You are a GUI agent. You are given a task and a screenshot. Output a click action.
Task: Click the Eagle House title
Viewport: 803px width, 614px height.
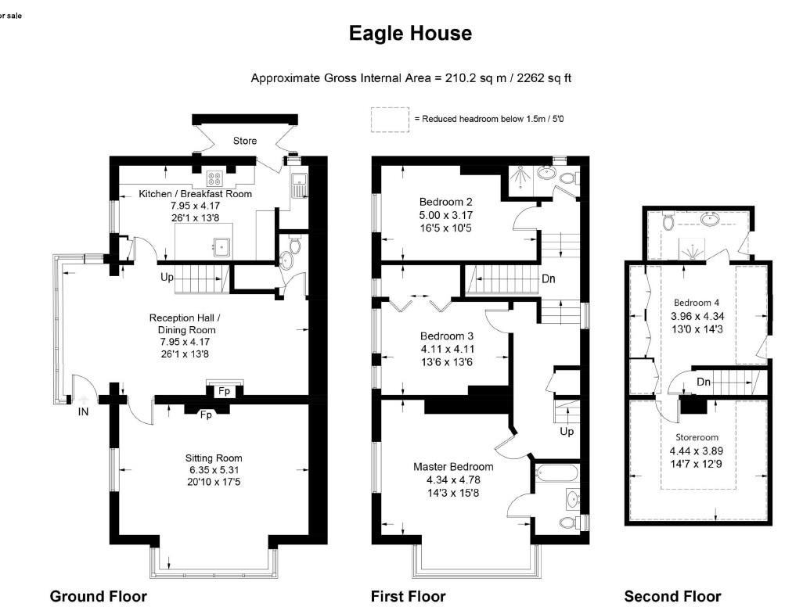pos(410,34)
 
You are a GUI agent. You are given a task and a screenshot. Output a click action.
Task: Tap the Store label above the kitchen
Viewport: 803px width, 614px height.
pos(245,141)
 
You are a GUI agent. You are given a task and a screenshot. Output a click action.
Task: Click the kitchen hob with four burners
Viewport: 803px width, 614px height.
pos(214,178)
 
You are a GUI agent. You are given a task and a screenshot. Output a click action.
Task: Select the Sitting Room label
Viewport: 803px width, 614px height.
pos(214,458)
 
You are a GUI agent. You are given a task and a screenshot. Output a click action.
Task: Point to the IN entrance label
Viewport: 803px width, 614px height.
pos(83,411)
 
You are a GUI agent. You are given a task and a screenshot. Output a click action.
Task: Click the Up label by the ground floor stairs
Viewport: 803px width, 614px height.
pos(167,278)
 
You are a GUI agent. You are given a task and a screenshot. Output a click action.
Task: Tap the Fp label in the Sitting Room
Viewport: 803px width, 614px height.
pos(206,415)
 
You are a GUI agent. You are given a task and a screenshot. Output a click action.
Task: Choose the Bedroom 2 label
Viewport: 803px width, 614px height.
pos(445,202)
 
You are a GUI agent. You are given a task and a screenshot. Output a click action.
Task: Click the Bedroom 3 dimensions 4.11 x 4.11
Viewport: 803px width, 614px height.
pos(448,349)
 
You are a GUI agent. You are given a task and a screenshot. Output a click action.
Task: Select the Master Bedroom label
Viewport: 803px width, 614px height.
pos(453,467)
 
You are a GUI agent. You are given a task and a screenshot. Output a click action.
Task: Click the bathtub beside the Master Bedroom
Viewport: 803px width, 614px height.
pos(557,472)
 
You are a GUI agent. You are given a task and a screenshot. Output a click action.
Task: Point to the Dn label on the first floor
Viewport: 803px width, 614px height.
pos(549,279)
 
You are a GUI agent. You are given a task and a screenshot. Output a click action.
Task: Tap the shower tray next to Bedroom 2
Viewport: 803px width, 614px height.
pos(520,178)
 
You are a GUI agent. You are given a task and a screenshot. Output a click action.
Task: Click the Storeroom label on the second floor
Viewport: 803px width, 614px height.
pos(697,437)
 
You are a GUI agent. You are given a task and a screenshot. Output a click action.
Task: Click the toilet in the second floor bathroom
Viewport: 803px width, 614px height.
pos(668,221)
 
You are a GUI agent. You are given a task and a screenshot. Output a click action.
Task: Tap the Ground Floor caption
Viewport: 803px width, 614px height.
pos(99,596)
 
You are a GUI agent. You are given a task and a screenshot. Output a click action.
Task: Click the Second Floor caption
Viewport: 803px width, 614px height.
pos(672,596)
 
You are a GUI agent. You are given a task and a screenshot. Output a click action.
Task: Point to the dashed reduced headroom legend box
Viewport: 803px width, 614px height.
pos(391,120)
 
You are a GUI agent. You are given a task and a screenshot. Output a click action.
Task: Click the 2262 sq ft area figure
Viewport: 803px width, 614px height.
pos(545,78)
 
